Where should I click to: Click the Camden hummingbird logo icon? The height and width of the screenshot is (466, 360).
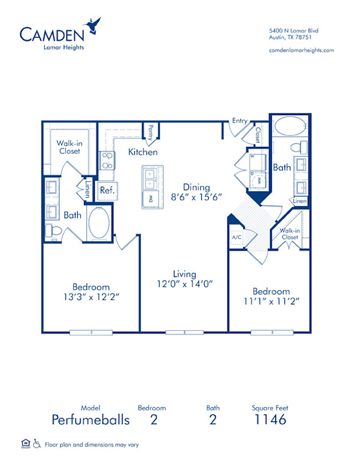[93, 25]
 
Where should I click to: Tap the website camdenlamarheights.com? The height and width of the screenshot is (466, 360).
[301, 50]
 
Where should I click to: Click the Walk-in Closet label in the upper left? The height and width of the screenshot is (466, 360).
[70, 148]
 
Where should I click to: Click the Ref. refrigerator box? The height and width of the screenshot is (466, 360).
[107, 191]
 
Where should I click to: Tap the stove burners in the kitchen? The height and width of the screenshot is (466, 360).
[106, 160]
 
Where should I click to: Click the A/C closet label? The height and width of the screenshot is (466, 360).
[236, 236]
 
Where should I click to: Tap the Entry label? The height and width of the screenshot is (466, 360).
[239, 121]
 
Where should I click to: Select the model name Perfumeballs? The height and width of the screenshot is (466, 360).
[90, 420]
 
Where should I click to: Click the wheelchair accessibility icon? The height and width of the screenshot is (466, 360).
[37, 444]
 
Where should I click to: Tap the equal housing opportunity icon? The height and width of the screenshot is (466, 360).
[25, 444]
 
